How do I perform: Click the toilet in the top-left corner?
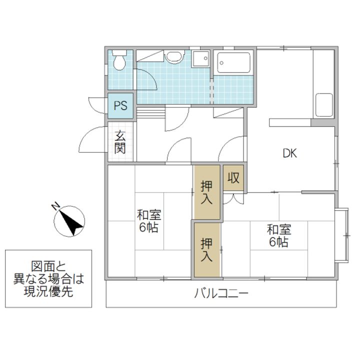click(120, 61)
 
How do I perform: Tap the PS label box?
click(120, 105)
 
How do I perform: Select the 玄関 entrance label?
click(120, 141)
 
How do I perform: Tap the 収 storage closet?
click(233, 177)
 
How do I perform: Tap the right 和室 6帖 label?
click(278, 235)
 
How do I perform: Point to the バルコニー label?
click(221, 293)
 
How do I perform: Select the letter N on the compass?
click(57, 206)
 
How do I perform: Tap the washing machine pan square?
click(201, 59)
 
